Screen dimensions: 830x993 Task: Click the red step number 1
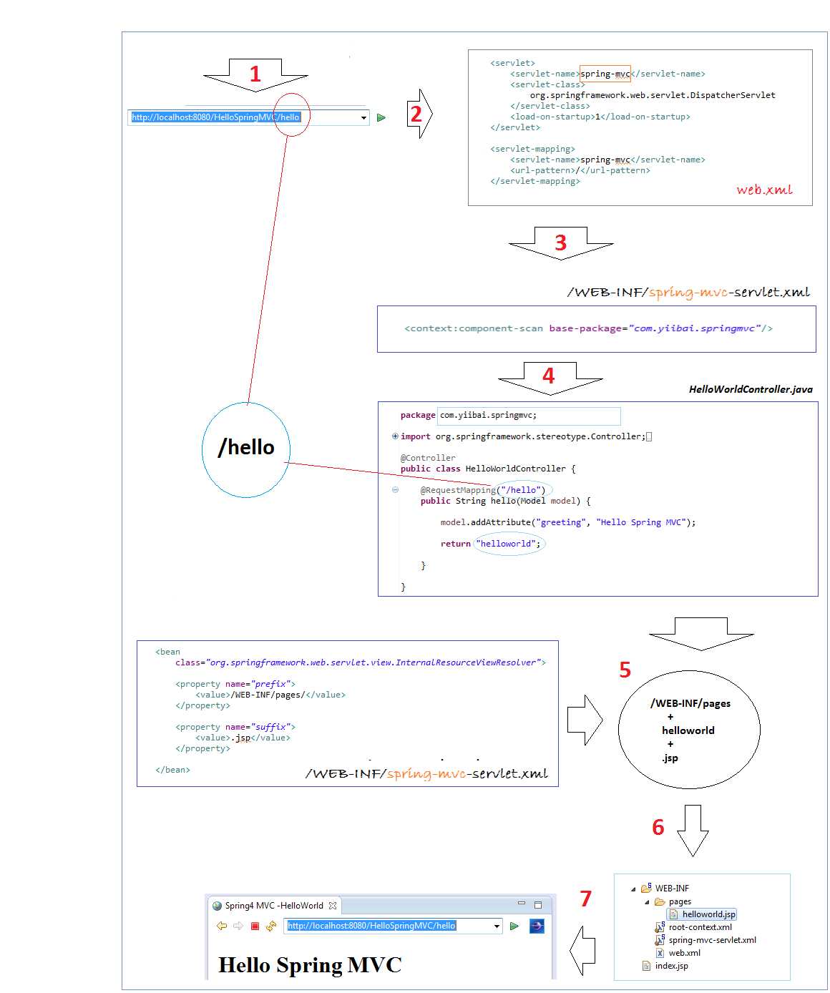tap(255, 74)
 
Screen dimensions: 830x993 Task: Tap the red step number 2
tap(416, 114)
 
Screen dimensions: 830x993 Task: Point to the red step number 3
tap(560, 243)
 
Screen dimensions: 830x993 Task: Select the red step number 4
tap(548, 376)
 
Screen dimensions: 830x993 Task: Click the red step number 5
tap(625, 670)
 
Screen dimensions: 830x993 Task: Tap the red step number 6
tap(658, 827)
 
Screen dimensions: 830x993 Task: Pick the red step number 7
tap(585, 899)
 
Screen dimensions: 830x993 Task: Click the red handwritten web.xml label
tap(764, 190)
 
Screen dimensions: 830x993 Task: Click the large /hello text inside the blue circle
tap(246, 447)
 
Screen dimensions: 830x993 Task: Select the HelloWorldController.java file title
tap(751, 389)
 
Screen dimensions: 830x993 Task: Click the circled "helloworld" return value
tap(508, 544)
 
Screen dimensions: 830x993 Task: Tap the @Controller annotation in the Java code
tap(428, 457)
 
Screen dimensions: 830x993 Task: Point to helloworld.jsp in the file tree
tap(708, 914)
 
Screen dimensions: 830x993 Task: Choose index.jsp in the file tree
tap(671, 965)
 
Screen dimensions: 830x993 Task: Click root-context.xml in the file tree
tap(700, 927)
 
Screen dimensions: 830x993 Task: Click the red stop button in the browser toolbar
tap(255, 926)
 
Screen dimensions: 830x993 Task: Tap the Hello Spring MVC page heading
tap(310, 965)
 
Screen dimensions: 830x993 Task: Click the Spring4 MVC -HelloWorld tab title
tap(274, 906)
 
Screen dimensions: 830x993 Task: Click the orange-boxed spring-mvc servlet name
tap(605, 74)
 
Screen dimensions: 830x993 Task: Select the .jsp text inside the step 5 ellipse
tap(670, 758)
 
